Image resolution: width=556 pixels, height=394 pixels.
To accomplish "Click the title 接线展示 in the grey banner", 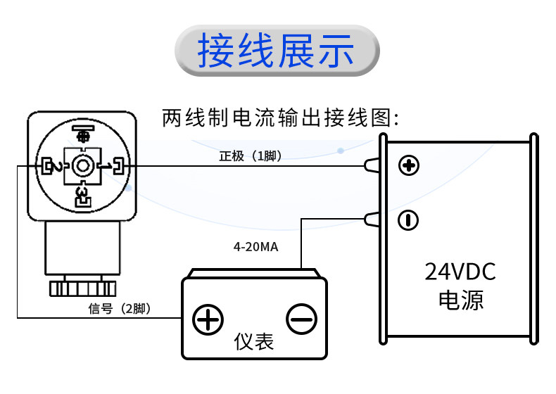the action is [x=276, y=51].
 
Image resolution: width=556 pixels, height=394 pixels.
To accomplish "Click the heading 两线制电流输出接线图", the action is [x=281, y=117].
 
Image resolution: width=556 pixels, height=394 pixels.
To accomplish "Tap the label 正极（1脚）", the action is [x=251, y=155].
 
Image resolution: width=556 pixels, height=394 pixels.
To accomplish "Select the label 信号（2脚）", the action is [x=120, y=309].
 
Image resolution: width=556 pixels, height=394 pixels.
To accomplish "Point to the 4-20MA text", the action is [x=255, y=247].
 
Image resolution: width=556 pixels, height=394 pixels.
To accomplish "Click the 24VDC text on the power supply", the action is [x=460, y=272].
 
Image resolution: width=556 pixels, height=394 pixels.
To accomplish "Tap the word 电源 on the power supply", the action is [x=460, y=300].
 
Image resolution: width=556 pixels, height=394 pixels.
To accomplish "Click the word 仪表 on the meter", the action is [x=254, y=341].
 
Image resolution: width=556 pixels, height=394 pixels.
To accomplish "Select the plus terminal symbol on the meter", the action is [x=208, y=319].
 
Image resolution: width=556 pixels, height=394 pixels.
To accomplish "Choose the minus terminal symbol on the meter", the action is [x=301, y=319].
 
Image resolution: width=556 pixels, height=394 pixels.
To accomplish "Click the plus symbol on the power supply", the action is [x=409, y=165].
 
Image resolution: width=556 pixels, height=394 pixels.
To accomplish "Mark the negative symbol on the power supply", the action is [x=408, y=220].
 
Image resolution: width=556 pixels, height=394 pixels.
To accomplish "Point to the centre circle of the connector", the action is [x=82, y=166].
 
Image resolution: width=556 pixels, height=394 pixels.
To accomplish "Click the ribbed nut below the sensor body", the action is [x=82, y=288].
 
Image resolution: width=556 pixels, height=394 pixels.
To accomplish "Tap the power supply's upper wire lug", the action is [x=372, y=165].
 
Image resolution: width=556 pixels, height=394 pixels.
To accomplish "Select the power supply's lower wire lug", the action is [x=372, y=220].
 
